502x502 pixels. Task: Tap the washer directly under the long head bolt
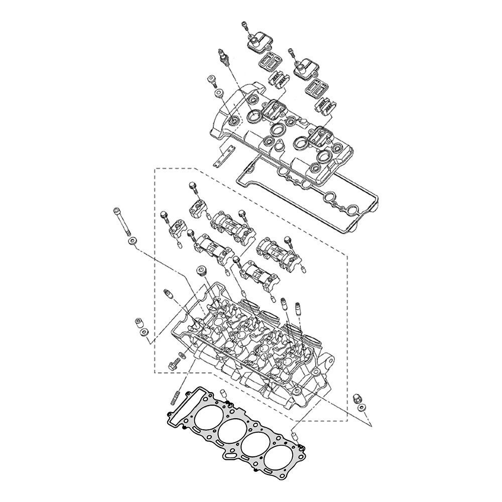click(132, 242)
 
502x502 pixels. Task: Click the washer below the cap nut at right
click(362, 408)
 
